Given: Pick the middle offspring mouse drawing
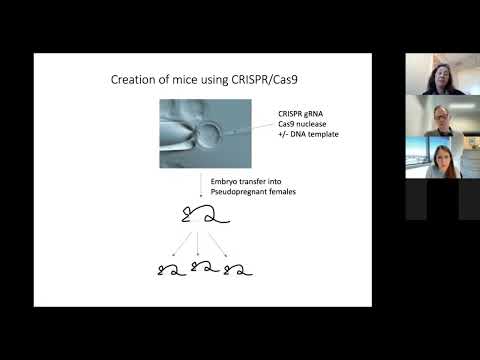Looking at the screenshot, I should coord(204,267).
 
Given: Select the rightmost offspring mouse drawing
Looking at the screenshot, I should coord(238,267).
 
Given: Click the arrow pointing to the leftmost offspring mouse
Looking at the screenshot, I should coord(180,244).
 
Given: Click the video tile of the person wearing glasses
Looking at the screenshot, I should coord(442,117).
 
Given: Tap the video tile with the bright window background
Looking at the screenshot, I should coord(442,158).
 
